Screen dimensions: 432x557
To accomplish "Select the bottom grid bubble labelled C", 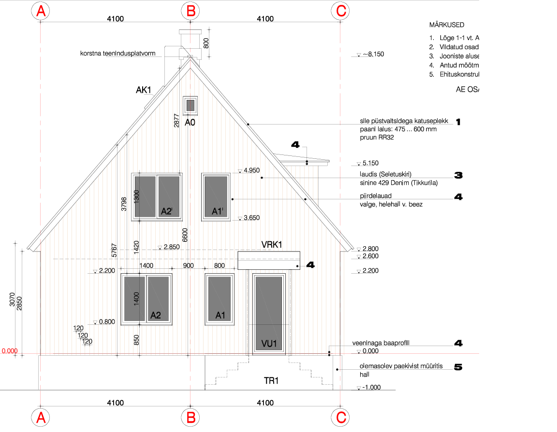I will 341,418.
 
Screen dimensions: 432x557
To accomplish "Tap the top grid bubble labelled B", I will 191,12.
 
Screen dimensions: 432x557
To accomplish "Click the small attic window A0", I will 191,105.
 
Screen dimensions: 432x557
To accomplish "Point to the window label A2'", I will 167,211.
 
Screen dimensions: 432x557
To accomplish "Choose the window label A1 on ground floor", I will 220,316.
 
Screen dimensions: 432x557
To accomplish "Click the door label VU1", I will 268,344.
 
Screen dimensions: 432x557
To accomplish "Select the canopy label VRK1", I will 272,245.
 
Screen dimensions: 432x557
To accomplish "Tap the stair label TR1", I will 271,381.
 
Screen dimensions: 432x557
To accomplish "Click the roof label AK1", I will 144,90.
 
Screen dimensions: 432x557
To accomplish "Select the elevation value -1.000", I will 372,387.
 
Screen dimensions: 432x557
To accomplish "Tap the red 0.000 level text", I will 9,351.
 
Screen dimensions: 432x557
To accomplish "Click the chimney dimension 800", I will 206,43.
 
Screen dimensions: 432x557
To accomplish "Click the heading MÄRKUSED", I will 447,25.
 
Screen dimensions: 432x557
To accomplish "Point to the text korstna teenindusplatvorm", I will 117,53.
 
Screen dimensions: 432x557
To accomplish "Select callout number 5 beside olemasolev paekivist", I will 458,367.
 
